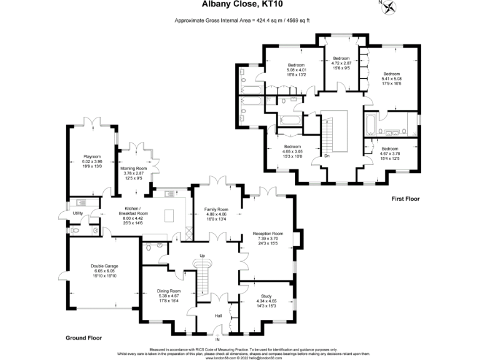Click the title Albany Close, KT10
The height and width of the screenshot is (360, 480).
(x=241, y=5)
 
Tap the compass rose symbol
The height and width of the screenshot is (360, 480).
(x=391, y=7)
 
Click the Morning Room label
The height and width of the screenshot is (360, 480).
(x=133, y=168)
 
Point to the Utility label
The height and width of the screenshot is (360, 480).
(x=77, y=213)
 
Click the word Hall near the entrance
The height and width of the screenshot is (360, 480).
(x=218, y=316)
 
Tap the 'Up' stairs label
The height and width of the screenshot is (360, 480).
(x=202, y=256)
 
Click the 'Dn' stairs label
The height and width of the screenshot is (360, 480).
(x=327, y=156)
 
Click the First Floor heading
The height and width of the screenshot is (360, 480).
(x=405, y=199)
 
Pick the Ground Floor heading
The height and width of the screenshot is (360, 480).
(x=83, y=337)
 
